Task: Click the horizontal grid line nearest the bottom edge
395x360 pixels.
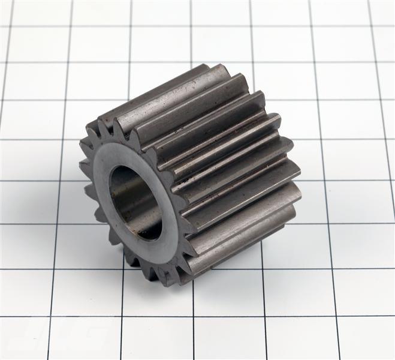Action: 198,317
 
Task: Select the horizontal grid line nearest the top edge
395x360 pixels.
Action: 198,26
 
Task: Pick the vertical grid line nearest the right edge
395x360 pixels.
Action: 378,120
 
